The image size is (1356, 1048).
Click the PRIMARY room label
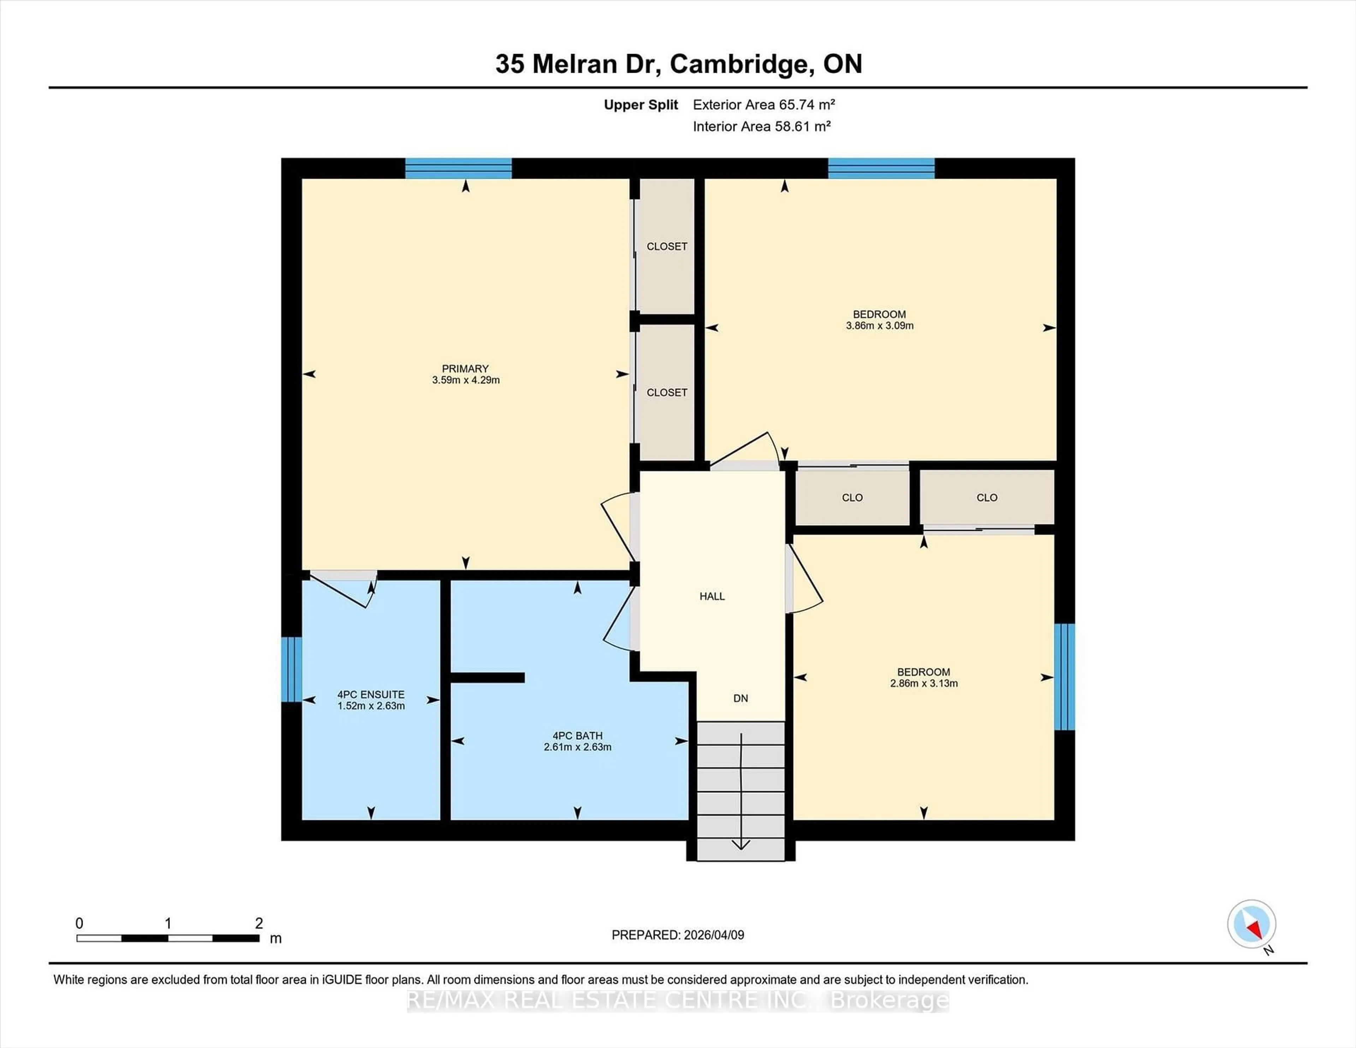point(465,369)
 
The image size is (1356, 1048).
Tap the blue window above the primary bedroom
point(458,168)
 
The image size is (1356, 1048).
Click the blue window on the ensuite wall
point(291,669)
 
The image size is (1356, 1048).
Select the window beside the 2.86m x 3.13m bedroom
point(1064,677)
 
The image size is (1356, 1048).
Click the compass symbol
point(1251,924)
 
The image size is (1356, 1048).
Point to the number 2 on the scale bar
point(259,923)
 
